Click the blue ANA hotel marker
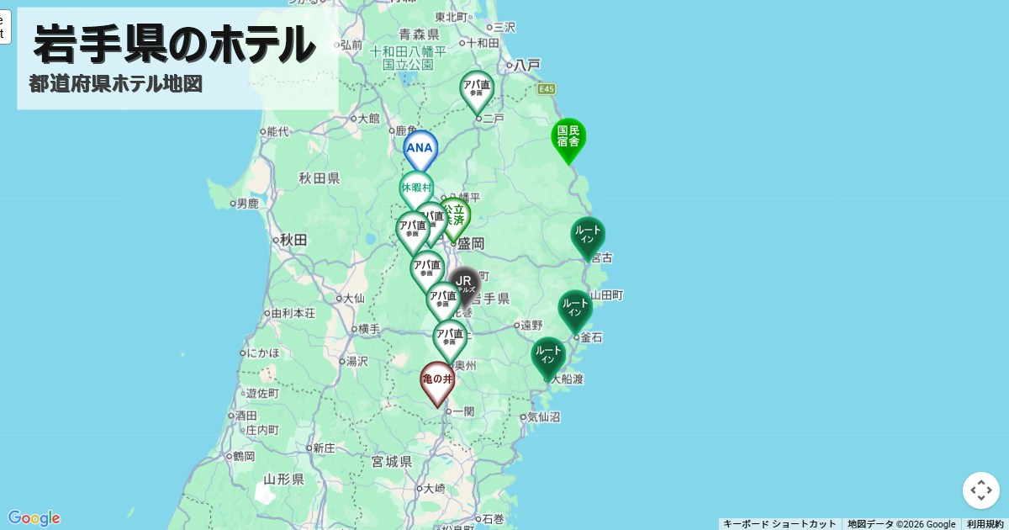click(420, 149)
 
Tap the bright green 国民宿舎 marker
click(568, 136)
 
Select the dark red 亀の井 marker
click(437, 380)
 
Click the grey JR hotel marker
click(464, 284)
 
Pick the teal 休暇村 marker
click(415, 188)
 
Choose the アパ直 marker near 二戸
click(477, 89)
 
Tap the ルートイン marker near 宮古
click(588, 235)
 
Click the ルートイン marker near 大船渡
click(548, 355)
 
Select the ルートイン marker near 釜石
click(575, 308)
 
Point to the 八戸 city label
click(527, 65)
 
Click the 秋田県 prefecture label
click(319, 178)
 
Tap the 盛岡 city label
click(471, 244)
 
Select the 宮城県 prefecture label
click(392, 462)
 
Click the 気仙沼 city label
click(544, 417)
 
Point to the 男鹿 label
click(247, 204)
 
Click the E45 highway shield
click(547, 89)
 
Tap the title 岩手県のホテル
click(174, 44)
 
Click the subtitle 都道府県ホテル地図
click(115, 84)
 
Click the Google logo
click(34, 517)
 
